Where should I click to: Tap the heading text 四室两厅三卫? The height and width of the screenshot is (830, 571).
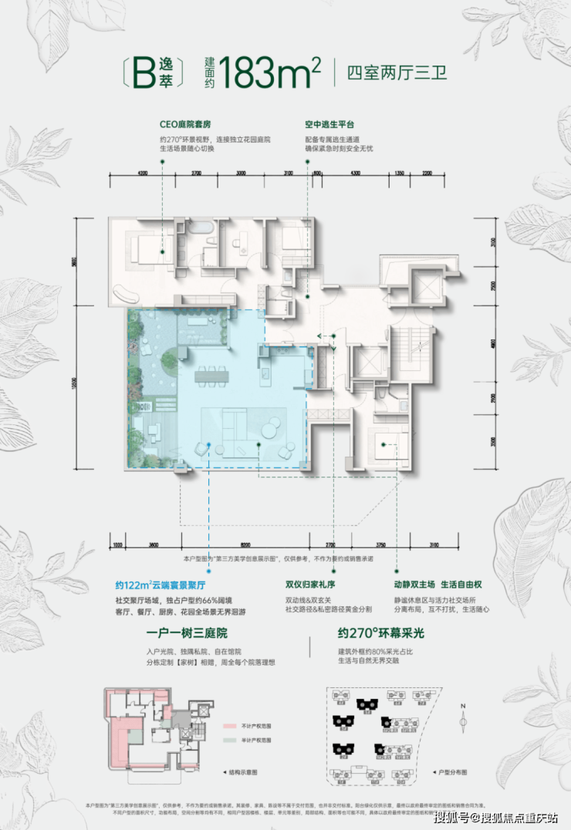[397, 76]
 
